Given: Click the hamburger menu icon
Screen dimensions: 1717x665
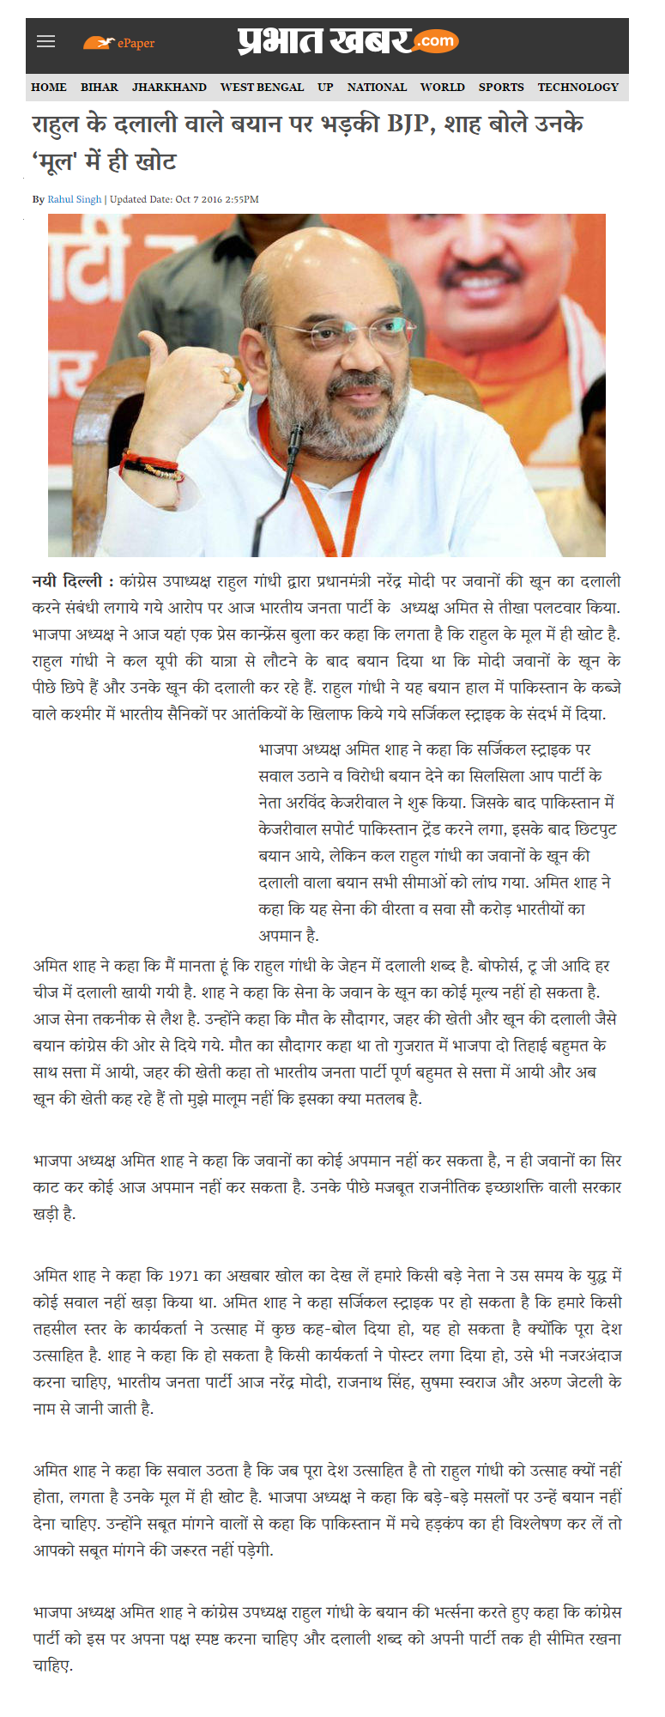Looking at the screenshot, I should coord(46,42).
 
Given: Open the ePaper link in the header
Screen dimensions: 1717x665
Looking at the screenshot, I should coord(119,43).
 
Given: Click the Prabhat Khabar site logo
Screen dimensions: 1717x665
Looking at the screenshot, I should coord(348,41).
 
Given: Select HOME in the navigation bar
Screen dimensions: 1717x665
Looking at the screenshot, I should coord(49,87).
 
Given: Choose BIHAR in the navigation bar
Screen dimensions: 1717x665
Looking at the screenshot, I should coord(100,87).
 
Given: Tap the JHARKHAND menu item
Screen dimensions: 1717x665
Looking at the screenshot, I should coord(169,87).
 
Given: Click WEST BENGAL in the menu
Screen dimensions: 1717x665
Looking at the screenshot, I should coord(262,87).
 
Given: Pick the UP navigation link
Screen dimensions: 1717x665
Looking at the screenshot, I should coord(325,87).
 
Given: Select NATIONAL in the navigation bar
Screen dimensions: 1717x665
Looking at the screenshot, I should coord(377,87).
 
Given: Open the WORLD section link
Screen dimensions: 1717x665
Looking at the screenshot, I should coord(442,87).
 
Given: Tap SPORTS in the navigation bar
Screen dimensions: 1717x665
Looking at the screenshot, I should coord(501,87).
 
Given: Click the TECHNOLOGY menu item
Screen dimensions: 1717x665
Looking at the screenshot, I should coord(577,87).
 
